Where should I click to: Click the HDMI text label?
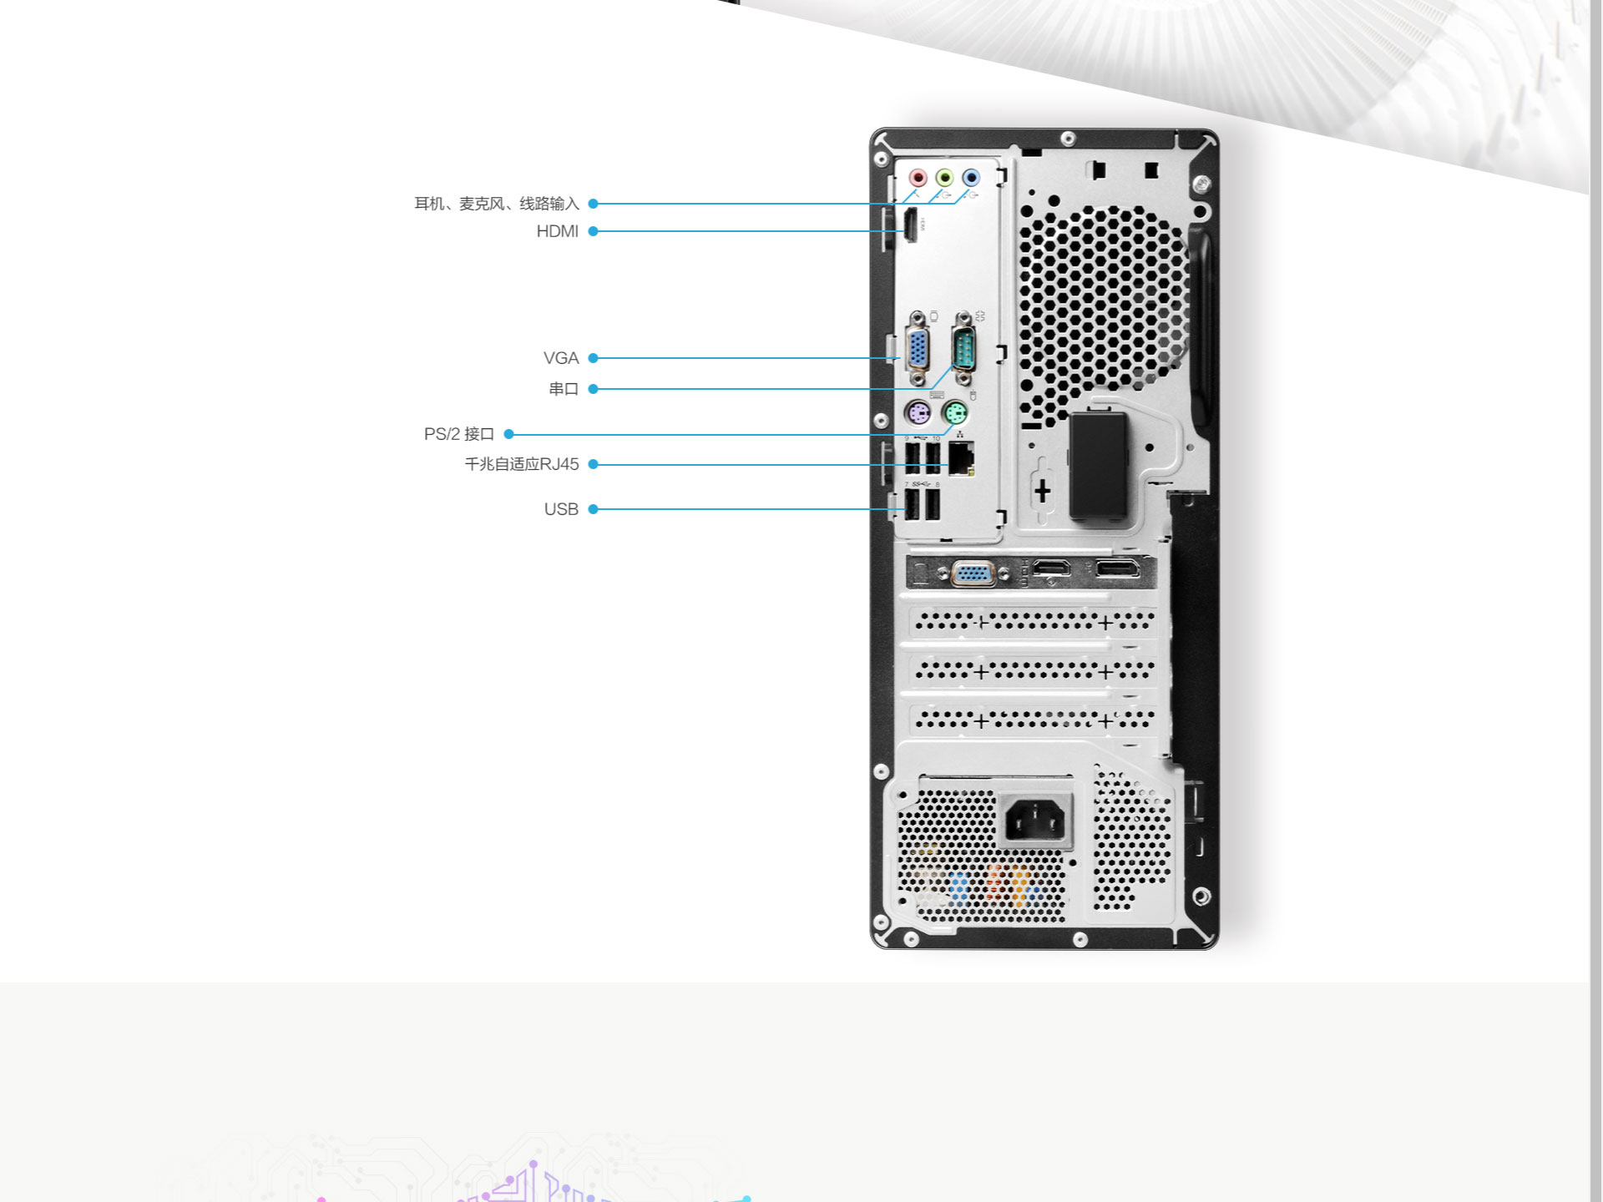(x=557, y=231)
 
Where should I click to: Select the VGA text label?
(x=560, y=358)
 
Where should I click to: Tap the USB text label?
(x=561, y=509)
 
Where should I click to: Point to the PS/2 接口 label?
(x=458, y=434)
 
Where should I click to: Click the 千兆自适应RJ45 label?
(x=521, y=464)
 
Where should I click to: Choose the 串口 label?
(x=564, y=389)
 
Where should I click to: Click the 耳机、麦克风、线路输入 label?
(x=496, y=204)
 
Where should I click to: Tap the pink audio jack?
(x=918, y=178)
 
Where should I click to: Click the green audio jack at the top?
(x=944, y=178)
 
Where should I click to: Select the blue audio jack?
(x=970, y=178)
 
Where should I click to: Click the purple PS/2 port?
(x=918, y=413)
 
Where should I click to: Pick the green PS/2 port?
(x=955, y=413)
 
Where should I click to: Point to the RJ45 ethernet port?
(x=961, y=457)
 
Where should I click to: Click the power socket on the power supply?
(x=1035, y=820)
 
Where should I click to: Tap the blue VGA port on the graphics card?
(x=973, y=574)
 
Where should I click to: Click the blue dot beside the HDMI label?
(x=594, y=231)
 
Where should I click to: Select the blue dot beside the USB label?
(x=594, y=509)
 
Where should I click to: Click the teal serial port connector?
(x=963, y=348)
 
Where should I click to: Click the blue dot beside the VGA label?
(x=594, y=358)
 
